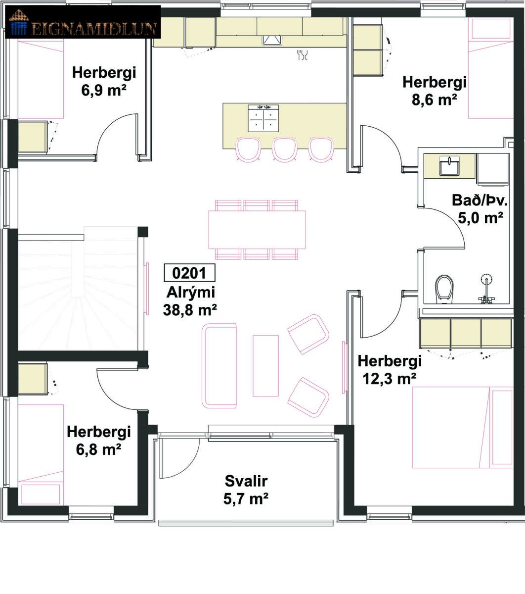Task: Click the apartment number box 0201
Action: (189, 273)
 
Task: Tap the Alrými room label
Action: (191, 293)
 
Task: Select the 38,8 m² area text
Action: (190, 310)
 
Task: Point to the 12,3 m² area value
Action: (390, 379)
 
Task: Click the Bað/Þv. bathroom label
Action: (480, 200)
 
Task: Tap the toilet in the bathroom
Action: (444, 289)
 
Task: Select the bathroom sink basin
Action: (449, 166)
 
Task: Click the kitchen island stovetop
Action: (263, 118)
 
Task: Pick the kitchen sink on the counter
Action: (272, 40)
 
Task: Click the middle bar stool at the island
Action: (284, 149)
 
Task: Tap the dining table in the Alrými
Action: (257, 230)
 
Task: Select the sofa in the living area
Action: (219, 366)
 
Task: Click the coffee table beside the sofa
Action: (265, 366)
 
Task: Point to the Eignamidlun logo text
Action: (94, 29)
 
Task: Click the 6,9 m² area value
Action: (104, 90)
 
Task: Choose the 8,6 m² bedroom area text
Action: (434, 100)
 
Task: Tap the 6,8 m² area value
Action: (98, 449)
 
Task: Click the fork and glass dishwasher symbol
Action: (303, 55)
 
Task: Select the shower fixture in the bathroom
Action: (486, 289)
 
